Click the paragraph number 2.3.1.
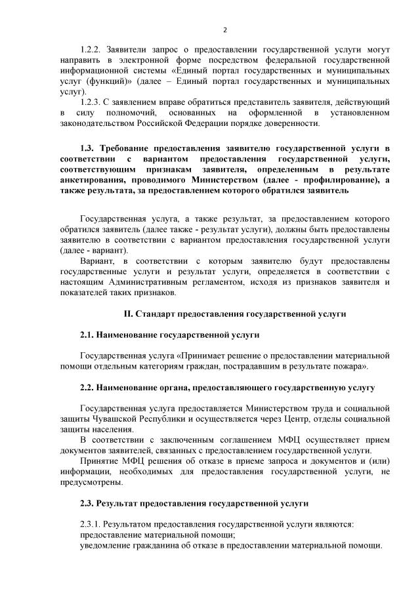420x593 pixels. tap(91, 525)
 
